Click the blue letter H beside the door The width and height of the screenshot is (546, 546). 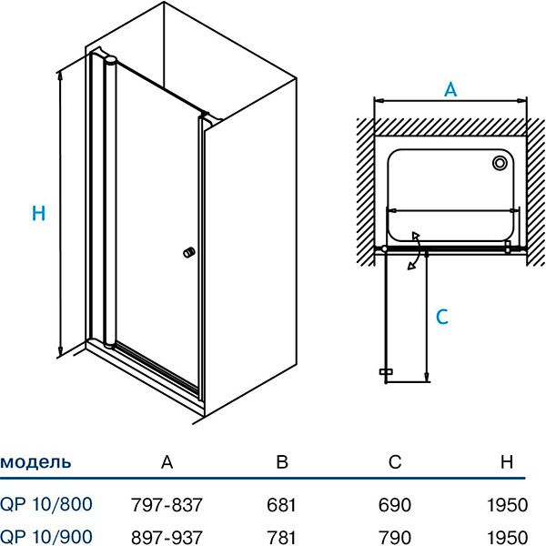38,214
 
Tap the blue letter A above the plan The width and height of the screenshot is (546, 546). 450,89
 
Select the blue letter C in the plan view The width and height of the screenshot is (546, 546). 441,317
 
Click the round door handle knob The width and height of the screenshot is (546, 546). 189,252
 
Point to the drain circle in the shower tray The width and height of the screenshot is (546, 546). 500,164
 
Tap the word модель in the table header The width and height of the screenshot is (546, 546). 35,462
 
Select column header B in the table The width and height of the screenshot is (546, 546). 282,462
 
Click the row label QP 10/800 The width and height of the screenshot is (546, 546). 45,503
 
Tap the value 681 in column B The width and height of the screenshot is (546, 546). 283,503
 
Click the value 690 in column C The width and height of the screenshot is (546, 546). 394,503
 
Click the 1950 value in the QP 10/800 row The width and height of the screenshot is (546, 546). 507,503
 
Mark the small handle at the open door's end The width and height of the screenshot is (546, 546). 385,372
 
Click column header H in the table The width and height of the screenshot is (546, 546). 507,462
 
